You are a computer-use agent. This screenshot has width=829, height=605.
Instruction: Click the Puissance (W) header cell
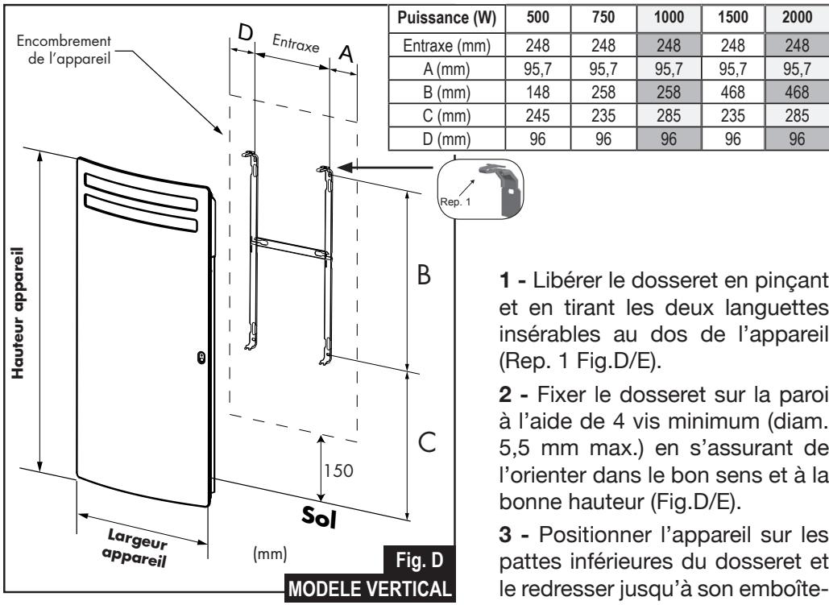[434, 17]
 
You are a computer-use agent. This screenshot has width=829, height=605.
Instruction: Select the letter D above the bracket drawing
[246, 32]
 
